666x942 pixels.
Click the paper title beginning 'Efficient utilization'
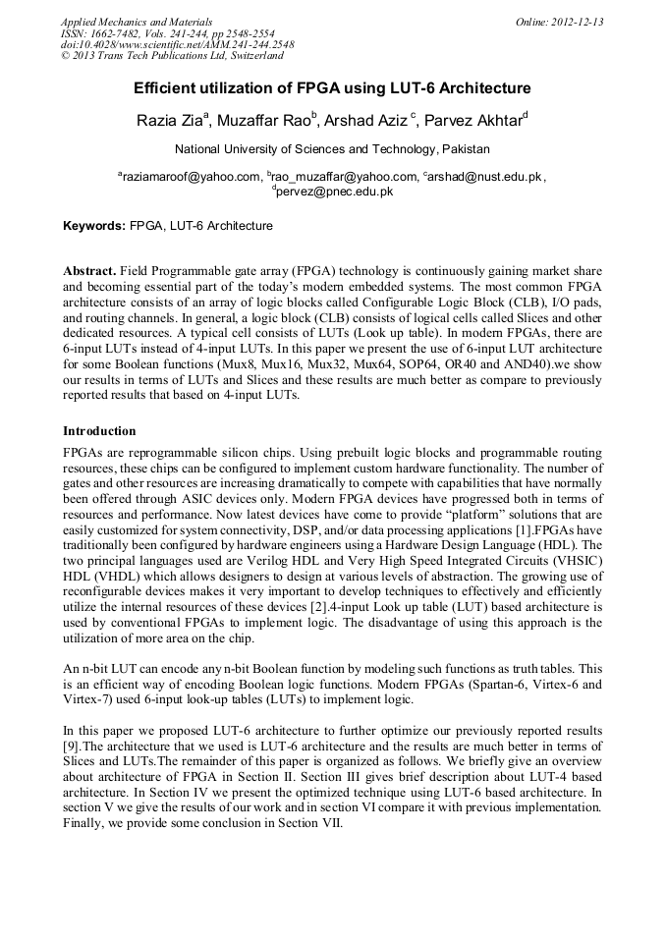332,88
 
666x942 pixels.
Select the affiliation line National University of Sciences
332,149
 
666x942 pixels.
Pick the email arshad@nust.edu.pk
484,177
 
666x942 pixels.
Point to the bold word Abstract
90,270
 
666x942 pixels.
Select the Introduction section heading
99,431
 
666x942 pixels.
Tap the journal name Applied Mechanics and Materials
137,22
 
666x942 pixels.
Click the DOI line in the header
177,45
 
